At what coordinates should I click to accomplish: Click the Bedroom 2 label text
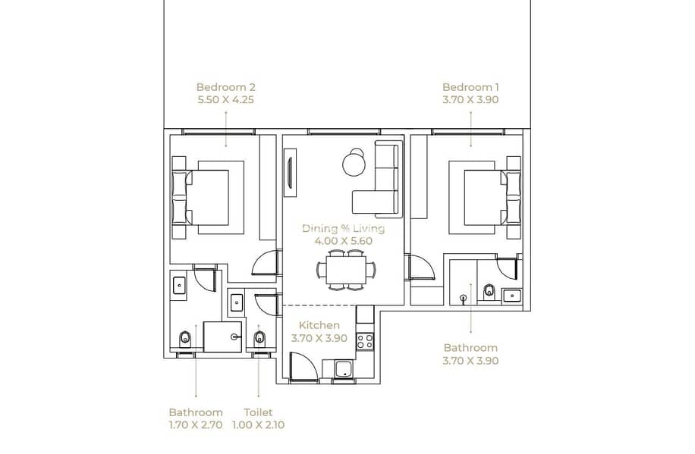coord(225,87)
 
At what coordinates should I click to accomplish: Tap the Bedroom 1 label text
coord(470,87)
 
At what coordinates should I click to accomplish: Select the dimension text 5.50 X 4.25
coord(225,99)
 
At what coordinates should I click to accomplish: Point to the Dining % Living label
coord(343,229)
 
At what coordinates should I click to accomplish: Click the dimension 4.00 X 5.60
coord(343,241)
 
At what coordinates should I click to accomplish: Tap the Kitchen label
coord(319,325)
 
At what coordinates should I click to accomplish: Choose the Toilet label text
coord(259,412)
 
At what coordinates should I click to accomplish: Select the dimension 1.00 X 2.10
coord(259,425)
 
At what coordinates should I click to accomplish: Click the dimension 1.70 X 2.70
coord(196,425)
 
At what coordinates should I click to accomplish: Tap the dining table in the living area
coord(346,270)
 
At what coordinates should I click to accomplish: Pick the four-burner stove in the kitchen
coord(365,342)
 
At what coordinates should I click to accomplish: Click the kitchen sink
coord(344,369)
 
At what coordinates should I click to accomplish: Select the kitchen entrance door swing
coord(303,367)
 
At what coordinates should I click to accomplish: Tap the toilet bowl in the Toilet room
coord(259,339)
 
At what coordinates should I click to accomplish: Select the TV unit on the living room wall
coord(290,173)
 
